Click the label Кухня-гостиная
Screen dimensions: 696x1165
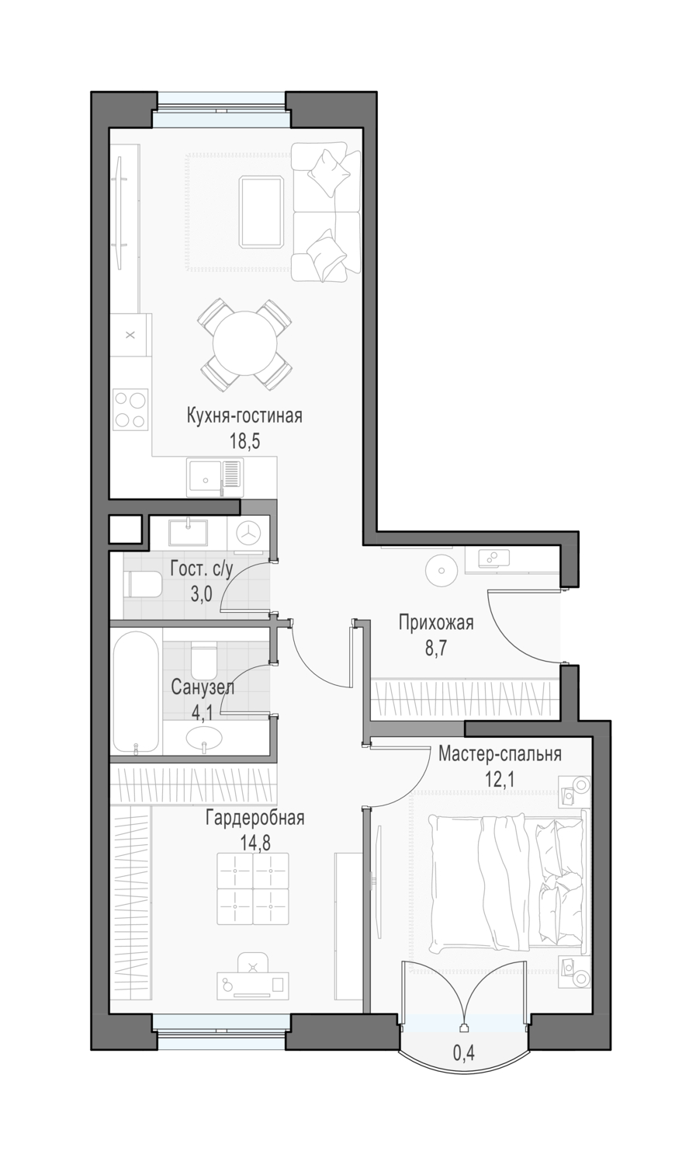(x=244, y=416)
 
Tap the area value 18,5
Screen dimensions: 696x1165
(x=244, y=442)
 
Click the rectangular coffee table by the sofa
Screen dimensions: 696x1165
(x=261, y=211)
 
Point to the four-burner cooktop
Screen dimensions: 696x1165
(x=130, y=410)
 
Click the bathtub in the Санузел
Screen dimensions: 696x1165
(x=136, y=693)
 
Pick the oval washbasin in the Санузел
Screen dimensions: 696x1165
(x=204, y=738)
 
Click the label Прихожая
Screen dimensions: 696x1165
(x=436, y=623)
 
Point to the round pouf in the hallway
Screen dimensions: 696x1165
(x=442, y=570)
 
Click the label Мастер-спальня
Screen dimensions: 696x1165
(x=500, y=753)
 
